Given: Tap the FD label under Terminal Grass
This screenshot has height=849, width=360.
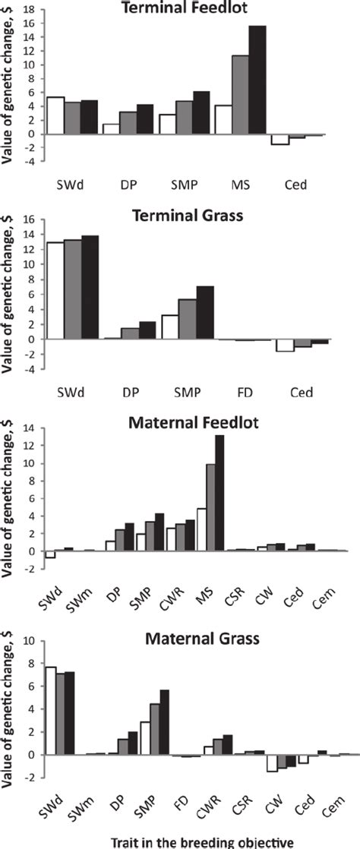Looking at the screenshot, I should [242, 393].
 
